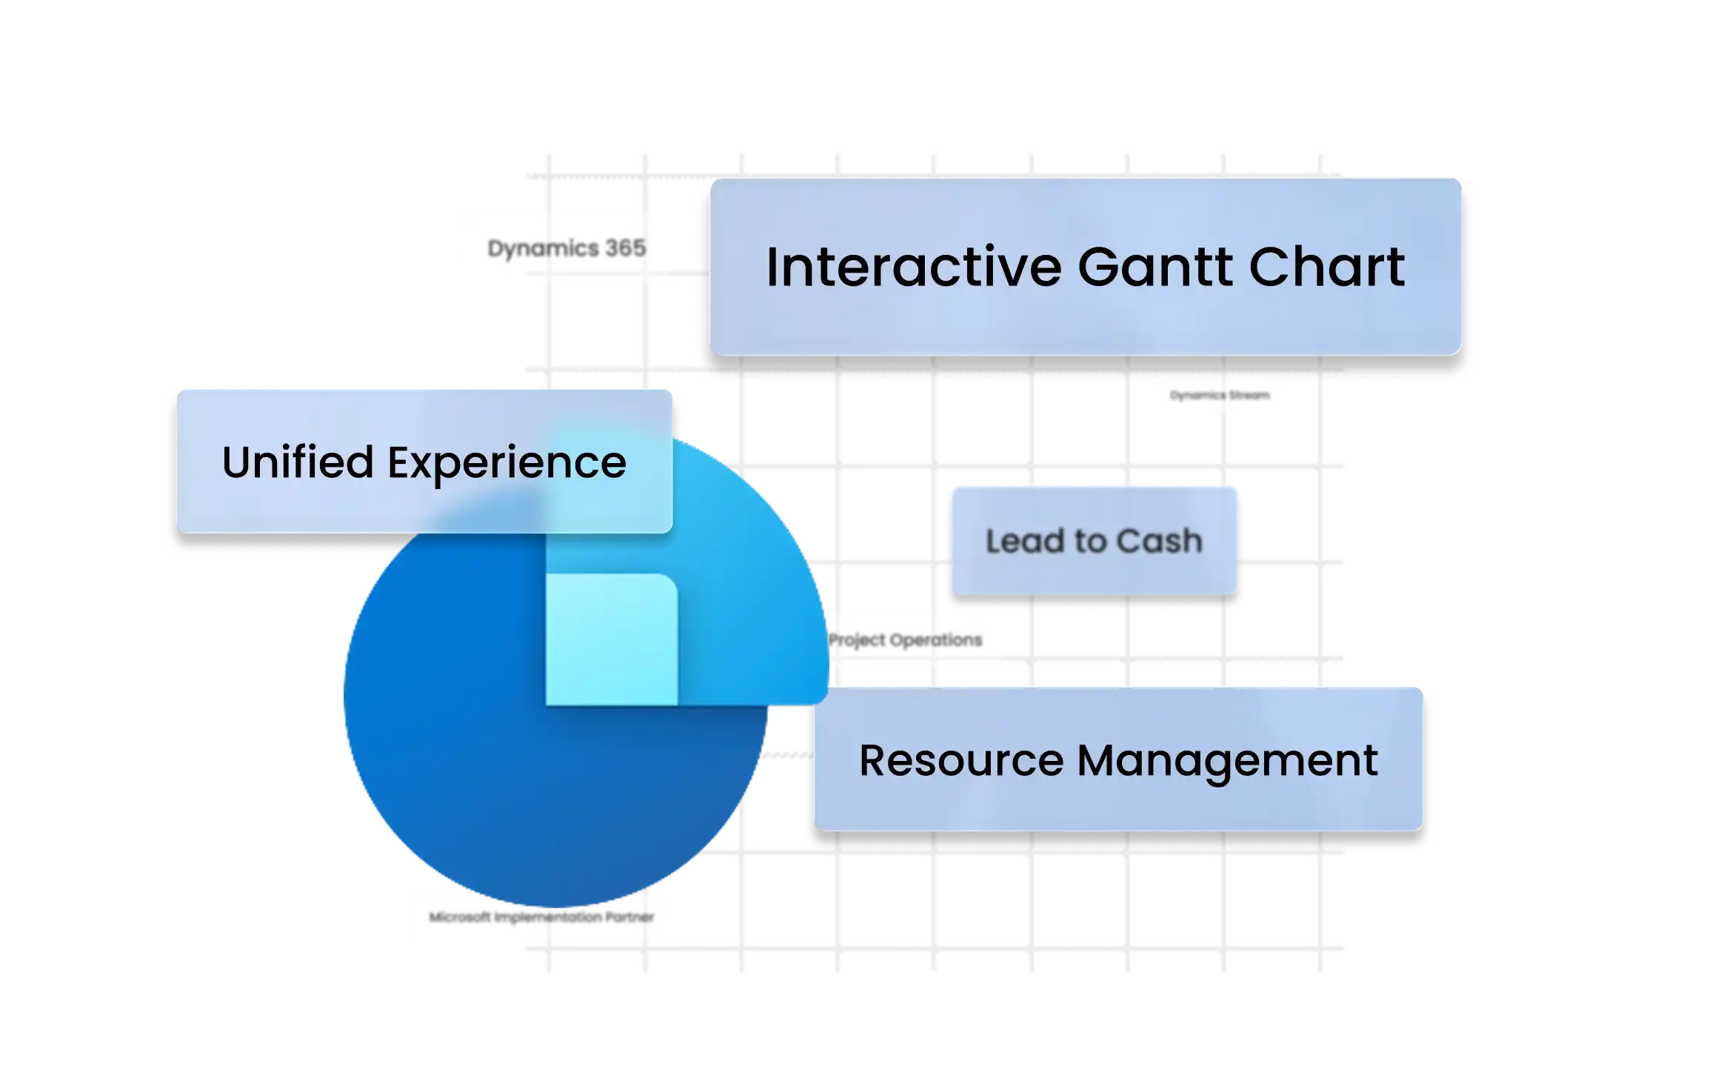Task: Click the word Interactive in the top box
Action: tap(915, 267)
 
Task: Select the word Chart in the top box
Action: tap(1327, 267)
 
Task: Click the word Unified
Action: tap(298, 462)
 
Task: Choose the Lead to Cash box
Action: tap(1094, 540)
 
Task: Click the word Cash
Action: tap(1159, 541)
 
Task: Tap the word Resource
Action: tap(960, 760)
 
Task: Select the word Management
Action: tap(1227, 762)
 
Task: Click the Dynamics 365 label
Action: tap(567, 248)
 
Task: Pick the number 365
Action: tap(626, 247)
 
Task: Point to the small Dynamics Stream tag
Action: tap(1220, 396)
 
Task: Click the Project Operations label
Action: tap(905, 639)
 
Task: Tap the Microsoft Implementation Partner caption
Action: tap(541, 917)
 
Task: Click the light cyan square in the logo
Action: tap(611, 639)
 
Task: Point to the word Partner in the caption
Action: tap(629, 917)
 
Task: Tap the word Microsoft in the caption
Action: tap(460, 917)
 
